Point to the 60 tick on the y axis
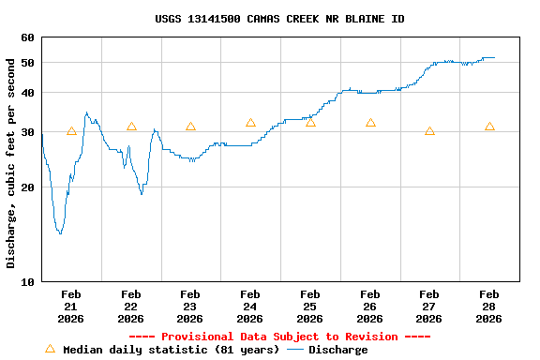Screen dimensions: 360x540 pyautogui.click(x=25, y=37)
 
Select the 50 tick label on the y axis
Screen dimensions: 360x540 pyautogui.click(x=25, y=63)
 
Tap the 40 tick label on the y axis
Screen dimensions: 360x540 pyautogui.click(x=25, y=93)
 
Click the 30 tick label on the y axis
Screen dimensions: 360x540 pyautogui.click(x=25, y=131)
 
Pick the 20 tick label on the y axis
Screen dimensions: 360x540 pyautogui.click(x=25, y=187)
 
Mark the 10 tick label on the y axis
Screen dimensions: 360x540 pyautogui.click(x=25, y=281)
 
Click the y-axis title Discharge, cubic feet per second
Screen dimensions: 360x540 pyautogui.click(x=11, y=163)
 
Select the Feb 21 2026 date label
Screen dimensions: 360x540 pyautogui.click(x=71, y=307)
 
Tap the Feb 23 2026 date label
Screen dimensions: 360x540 pyautogui.click(x=190, y=307)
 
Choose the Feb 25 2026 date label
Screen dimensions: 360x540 pyautogui.click(x=310, y=307)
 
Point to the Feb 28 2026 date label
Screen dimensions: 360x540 pyautogui.click(x=489, y=307)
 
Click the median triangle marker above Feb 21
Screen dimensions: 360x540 pyautogui.click(x=71, y=131)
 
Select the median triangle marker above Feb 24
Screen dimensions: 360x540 pyautogui.click(x=250, y=123)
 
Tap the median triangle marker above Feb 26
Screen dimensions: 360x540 pyautogui.click(x=370, y=123)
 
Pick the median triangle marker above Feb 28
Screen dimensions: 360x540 pyautogui.click(x=489, y=127)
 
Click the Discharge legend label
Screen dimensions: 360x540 pyautogui.click(x=338, y=350)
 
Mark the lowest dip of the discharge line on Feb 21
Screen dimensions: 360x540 pyautogui.click(x=60, y=232)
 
